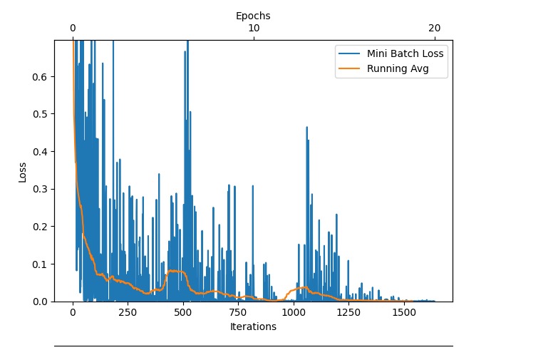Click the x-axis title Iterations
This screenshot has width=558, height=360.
(x=253, y=326)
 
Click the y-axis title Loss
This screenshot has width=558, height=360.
(x=22, y=171)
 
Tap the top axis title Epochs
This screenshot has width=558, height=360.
(x=253, y=15)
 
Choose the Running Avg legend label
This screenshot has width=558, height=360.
(x=397, y=69)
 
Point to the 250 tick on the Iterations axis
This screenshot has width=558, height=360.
(x=128, y=312)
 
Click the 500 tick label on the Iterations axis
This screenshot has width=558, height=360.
(x=183, y=312)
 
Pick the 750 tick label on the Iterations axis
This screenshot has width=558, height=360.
(x=238, y=312)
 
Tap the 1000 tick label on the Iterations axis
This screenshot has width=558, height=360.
(x=294, y=312)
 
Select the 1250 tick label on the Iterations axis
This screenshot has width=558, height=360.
(x=349, y=312)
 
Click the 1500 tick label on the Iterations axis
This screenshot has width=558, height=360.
(x=404, y=312)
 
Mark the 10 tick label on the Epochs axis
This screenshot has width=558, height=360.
(x=254, y=28)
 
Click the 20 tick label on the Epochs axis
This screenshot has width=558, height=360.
(x=435, y=28)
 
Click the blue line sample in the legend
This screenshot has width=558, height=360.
(x=351, y=53)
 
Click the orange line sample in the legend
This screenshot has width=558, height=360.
(x=351, y=69)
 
